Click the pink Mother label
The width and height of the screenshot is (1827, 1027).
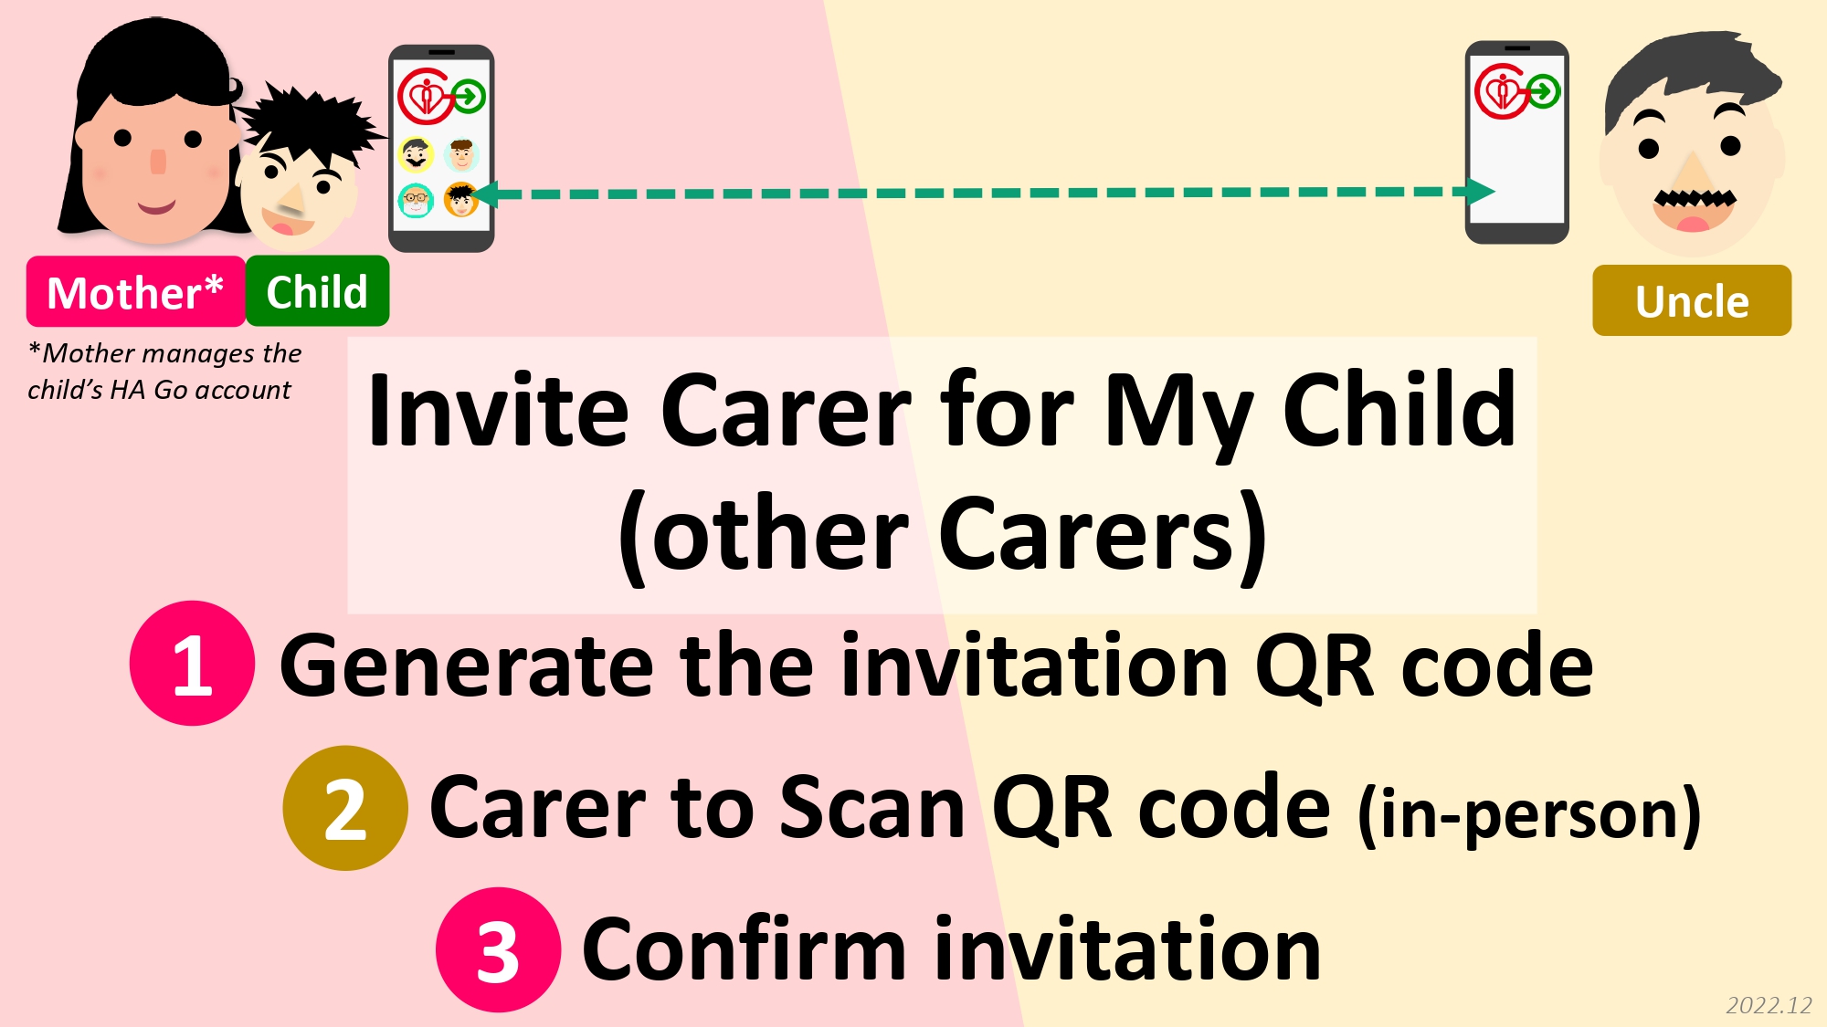tap(135, 292)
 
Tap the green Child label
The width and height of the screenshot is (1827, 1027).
tap(317, 291)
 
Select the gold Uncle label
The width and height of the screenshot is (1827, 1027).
tap(1692, 300)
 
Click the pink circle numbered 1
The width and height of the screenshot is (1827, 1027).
tap(192, 664)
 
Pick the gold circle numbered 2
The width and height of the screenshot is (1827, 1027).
tap(345, 808)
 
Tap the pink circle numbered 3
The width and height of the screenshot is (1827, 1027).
tap(498, 949)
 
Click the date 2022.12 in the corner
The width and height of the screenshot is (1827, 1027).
tap(1769, 1005)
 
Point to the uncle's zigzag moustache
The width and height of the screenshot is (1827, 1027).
tap(1695, 198)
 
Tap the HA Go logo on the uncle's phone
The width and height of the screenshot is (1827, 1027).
tap(1517, 92)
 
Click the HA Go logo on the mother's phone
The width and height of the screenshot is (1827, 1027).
tap(441, 96)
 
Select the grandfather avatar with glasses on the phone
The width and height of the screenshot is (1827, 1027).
tap(416, 200)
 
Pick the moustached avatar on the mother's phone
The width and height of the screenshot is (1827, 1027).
tap(416, 154)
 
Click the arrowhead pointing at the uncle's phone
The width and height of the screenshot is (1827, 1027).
tap(1481, 192)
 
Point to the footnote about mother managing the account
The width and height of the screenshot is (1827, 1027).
tap(164, 372)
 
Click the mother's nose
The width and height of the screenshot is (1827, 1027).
tap(158, 162)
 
